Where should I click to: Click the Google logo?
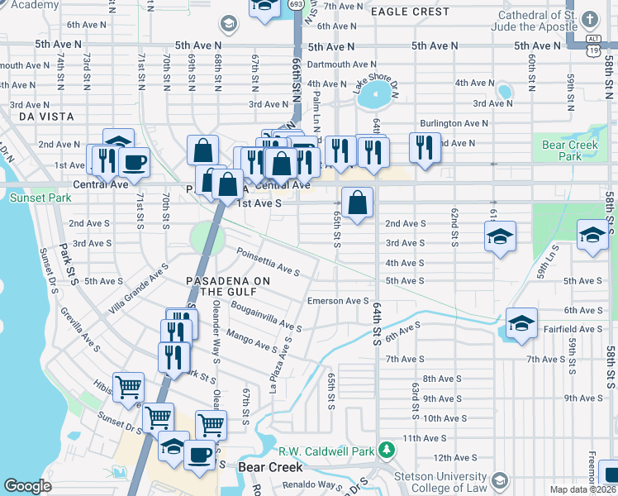pyautogui.click(x=27, y=486)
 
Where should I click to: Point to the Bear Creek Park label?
pyautogui.click(x=563, y=150)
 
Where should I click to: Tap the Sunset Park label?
pyautogui.click(x=29, y=198)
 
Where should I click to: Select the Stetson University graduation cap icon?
pyautogui.click(x=500, y=480)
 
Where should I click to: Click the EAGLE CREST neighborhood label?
pyautogui.click(x=410, y=12)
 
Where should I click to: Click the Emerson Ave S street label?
pyautogui.click(x=337, y=301)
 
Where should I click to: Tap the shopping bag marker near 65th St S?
pyautogui.click(x=357, y=203)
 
